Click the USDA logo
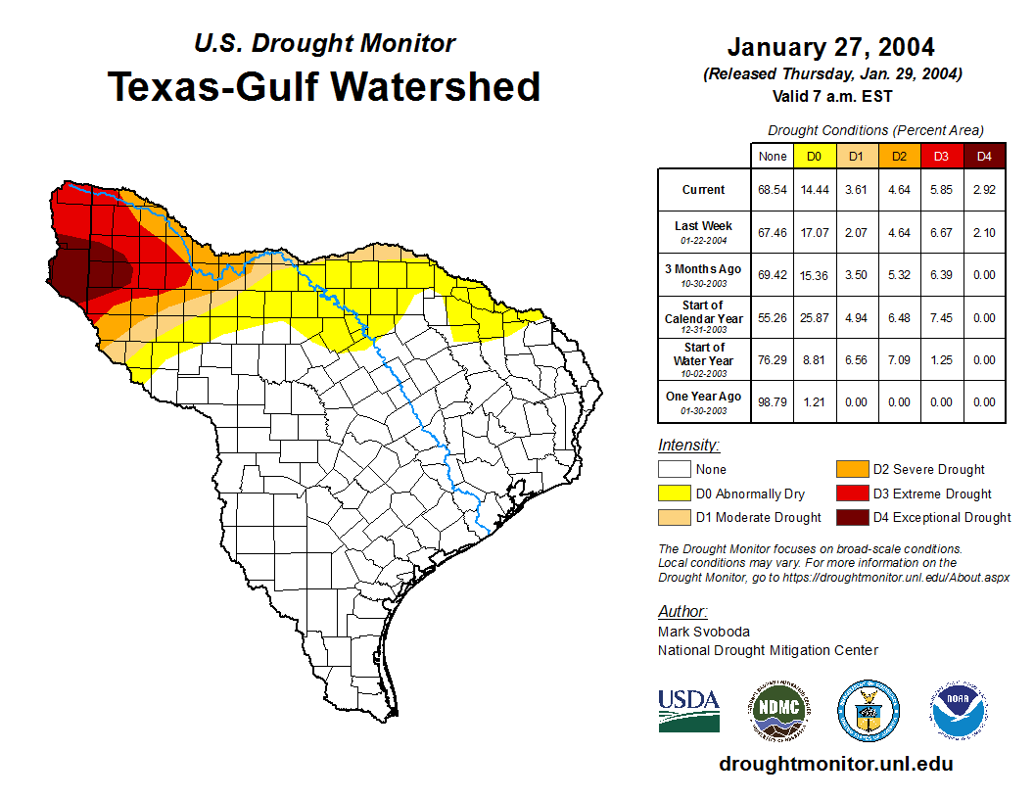(x=688, y=710)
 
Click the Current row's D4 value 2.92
(x=984, y=190)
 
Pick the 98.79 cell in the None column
(x=773, y=401)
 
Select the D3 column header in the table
(x=941, y=157)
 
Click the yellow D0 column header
(x=814, y=157)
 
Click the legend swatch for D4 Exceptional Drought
(x=850, y=517)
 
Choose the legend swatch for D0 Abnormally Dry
(x=674, y=493)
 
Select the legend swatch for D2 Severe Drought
(x=850, y=469)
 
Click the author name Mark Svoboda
(x=704, y=632)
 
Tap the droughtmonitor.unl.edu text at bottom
(x=835, y=764)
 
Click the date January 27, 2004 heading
(x=830, y=47)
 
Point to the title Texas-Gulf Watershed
(x=324, y=87)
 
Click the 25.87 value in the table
(x=814, y=317)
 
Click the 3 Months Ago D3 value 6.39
(x=941, y=275)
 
